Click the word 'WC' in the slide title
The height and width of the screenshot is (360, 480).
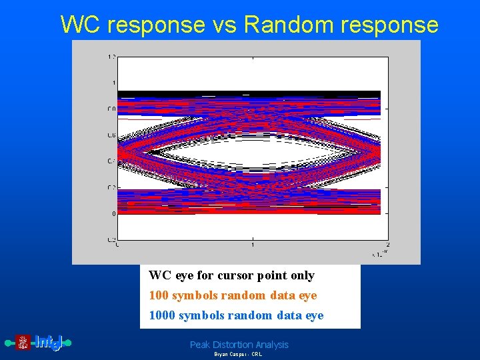pyautogui.click(x=81, y=25)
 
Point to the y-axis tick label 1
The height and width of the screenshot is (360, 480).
pyautogui.click(x=113, y=83)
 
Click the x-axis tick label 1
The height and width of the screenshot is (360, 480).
pyautogui.click(x=253, y=245)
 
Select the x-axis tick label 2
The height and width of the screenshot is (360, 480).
pyautogui.click(x=388, y=245)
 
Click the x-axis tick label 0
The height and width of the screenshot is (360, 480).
pyautogui.click(x=118, y=245)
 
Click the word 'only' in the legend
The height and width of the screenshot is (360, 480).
pyautogui.click(x=301, y=275)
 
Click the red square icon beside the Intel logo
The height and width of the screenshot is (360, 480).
pyautogui.click(x=23, y=343)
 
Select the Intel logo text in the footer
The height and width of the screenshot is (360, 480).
pyautogui.click(x=48, y=343)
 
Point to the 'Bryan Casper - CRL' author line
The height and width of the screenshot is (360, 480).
pyautogui.click(x=238, y=355)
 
